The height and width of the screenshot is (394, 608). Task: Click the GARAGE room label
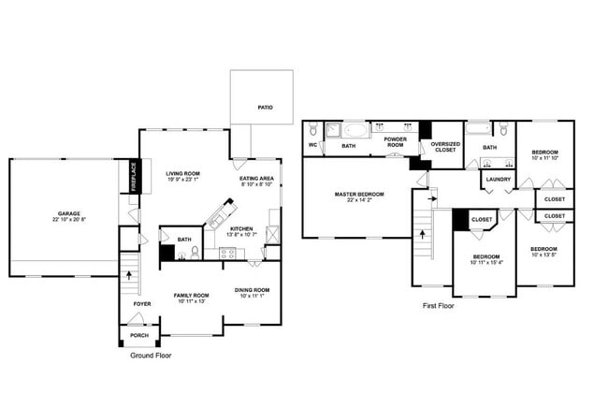[63, 213]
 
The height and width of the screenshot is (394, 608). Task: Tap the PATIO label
[265, 108]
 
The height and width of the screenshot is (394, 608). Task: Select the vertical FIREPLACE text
[134, 177]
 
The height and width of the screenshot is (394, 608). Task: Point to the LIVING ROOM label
[183, 173]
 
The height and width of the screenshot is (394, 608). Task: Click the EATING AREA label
[255, 178]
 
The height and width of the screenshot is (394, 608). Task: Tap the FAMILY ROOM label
[190, 296]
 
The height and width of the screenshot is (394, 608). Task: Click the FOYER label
[140, 303]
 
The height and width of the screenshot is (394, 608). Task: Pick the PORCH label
[138, 336]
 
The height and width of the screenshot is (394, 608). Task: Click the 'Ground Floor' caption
[150, 356]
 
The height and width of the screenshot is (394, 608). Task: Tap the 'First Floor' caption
[438, 305]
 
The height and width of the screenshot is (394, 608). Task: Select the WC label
[313, 146]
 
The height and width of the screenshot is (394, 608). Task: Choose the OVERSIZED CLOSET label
[445, 147]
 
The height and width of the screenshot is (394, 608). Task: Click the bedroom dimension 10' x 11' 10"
[544, 158]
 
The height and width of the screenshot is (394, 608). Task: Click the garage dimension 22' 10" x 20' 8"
[63, 220]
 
